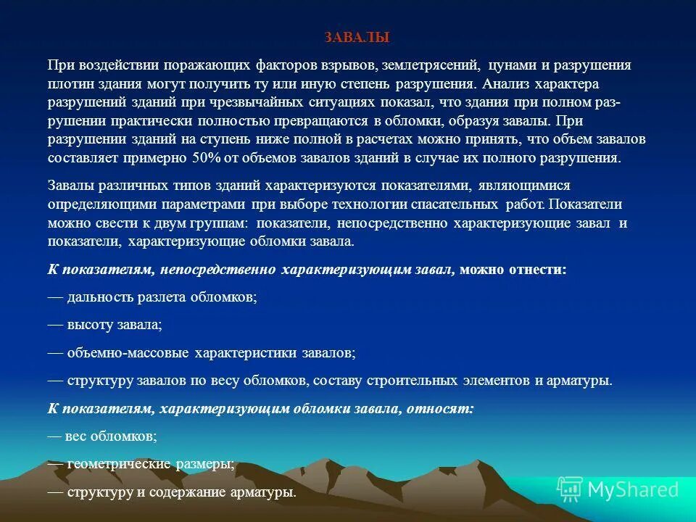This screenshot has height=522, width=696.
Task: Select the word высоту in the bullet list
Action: (88, 325)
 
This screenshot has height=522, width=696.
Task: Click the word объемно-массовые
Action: (128, 353)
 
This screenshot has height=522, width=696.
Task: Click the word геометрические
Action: (117, 465)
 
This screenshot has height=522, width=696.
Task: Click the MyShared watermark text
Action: (632, 489)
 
